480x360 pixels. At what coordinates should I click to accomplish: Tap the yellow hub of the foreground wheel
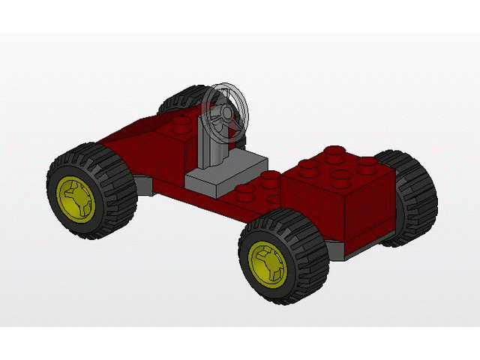[268, 262]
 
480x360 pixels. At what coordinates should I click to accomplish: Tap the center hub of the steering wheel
[225, 114]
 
